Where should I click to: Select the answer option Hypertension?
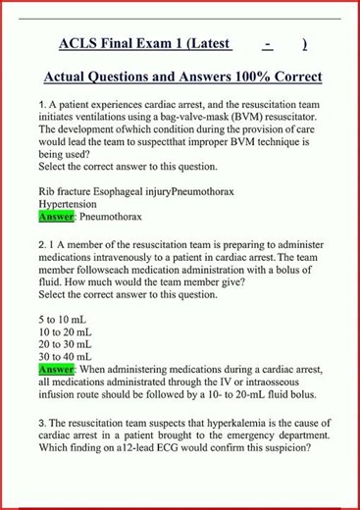(70, 202)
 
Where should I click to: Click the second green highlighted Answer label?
(56, 370)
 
